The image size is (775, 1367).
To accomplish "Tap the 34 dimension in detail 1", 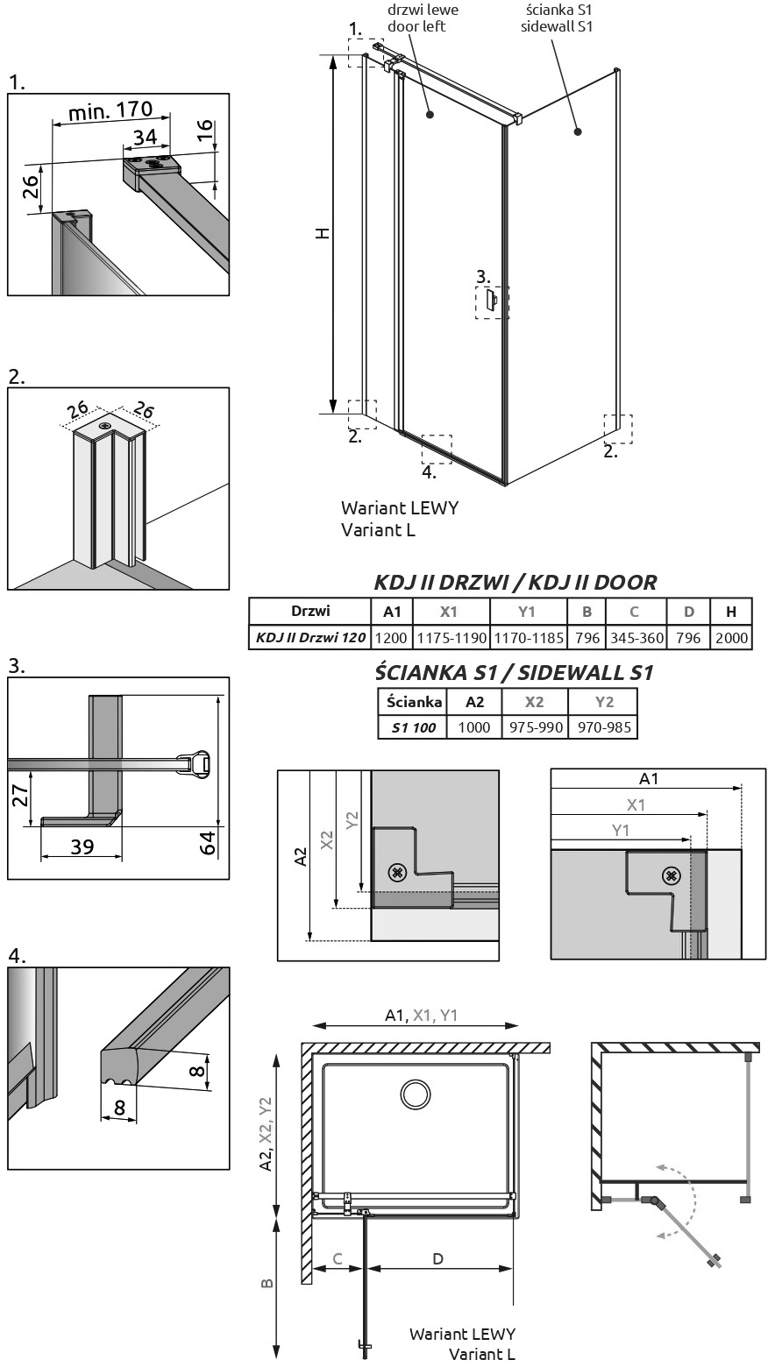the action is (x=146, y=137).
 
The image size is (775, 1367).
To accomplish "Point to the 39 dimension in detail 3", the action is (x=82, y=847).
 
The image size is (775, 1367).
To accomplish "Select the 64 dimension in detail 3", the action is (x=208, y=842).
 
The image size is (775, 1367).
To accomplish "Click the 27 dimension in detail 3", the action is (x=20, y=795).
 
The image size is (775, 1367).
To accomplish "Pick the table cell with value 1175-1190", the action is (x=451, y=638).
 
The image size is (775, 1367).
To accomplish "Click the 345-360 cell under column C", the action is (x=636, y=638).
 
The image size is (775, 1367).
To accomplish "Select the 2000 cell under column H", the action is (x=731, y=638).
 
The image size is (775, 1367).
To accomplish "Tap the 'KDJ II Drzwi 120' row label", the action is (x=310, y=638).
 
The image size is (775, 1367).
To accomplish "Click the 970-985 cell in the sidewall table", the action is (x=603, y=727).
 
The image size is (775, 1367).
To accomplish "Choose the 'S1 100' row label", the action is (x=414, y=727).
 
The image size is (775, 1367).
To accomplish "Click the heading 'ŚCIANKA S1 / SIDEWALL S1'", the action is (x=515, y=672).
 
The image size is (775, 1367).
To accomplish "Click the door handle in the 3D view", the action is (x=491, y=300).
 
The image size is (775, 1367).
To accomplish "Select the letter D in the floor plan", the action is (x=437, y=1258).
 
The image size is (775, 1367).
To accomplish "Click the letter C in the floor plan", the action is (x=338, y=1258).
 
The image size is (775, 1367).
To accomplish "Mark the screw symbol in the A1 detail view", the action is (x=671, y=876).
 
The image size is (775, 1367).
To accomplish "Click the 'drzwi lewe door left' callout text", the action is (x=423, y=18).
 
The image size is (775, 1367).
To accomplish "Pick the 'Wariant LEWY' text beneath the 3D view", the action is (x=400, y=507).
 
